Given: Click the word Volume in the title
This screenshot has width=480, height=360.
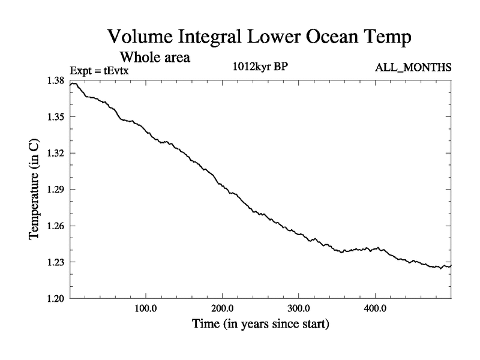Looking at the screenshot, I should (x=139, y=37).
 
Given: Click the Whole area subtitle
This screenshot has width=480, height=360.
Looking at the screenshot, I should (x=155, y=58).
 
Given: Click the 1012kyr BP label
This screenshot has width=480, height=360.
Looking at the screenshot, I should (x=261, y=67).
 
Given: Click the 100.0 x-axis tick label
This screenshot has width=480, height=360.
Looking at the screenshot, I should (x=146, y=309).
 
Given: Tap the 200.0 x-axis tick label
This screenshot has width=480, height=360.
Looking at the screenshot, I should (x=223, y=309).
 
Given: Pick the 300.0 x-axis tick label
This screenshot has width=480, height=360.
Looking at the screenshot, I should (x=299, y=309).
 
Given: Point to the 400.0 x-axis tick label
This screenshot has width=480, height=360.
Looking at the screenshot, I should (x=375, y=309).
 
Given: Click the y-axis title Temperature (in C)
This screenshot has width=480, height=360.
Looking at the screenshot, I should (x=34, y=190).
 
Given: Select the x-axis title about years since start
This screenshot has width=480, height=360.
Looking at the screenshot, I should (x=260, y=325).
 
